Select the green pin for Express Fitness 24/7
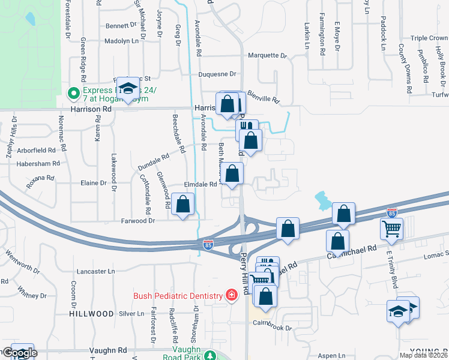pyautogui.click(x=73, y=93)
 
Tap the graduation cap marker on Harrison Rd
pyautogui.click(x=127, y=89)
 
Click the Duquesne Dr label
pyautogui.click(x=218, y=74)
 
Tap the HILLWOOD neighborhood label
pyautogui.click(x=91, y=314)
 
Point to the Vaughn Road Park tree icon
pyautogui.click(x=209, y=355)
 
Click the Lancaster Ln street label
pyautogui.click(x=96, y=271)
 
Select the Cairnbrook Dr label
pyautogui.click(x=273, y=328)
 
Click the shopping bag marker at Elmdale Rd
pyautogui.click(x=233, y=174)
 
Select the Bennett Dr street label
pyautogui.click(x=121, y=26)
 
